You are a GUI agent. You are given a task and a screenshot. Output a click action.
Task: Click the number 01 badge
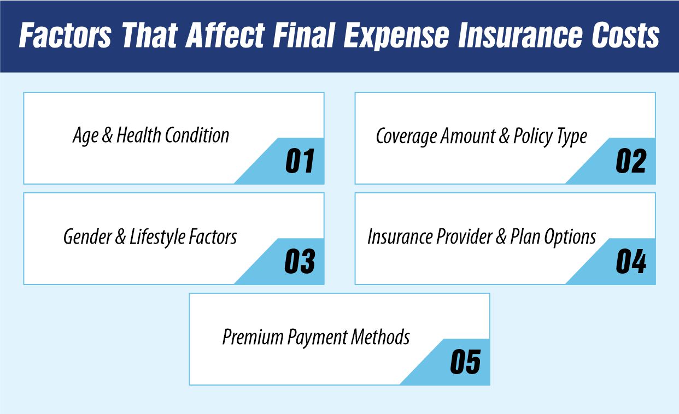[300, 161]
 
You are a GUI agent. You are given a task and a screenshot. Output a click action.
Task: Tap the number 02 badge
[631, 161]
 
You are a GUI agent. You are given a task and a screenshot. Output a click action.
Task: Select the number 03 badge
[300, 262]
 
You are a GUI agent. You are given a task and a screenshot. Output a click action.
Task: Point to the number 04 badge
[631, 262]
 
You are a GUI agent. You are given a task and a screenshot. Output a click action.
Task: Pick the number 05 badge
[465, 362]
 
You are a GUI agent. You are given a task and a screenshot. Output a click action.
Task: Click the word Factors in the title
[66, 36]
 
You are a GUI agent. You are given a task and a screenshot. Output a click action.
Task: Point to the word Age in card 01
[86, 136]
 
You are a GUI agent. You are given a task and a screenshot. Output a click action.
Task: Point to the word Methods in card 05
[380, 337]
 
